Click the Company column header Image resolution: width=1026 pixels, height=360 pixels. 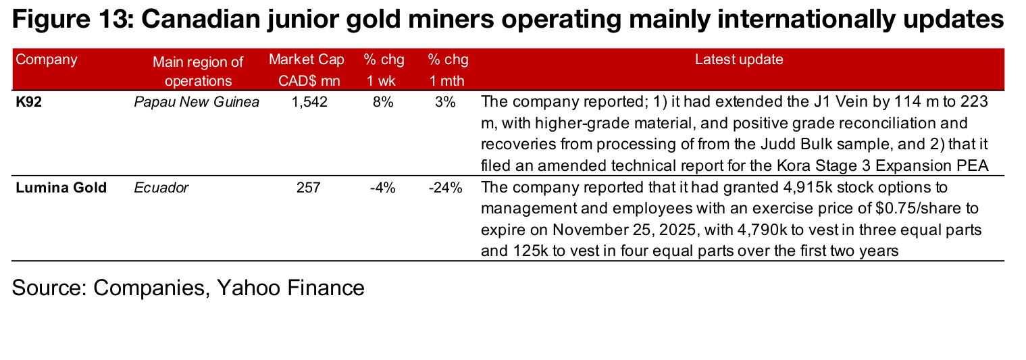coord(47,59)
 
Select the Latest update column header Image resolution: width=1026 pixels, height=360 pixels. coord(739,59)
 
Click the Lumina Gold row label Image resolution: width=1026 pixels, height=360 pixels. coord(61,188)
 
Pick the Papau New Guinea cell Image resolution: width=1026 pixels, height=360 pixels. coord(197,103)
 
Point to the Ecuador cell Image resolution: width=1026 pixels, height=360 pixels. coord(161,188)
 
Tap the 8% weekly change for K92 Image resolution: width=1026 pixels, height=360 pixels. coord(383,103)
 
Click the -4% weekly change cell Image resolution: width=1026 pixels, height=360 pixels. coord(382,188)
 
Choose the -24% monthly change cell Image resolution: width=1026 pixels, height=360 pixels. coord(445,188)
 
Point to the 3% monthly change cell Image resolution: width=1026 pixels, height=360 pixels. coord(446,103)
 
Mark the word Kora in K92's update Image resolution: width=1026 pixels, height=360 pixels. coord(805,165)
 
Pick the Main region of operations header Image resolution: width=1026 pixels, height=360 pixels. coord(198,72)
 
